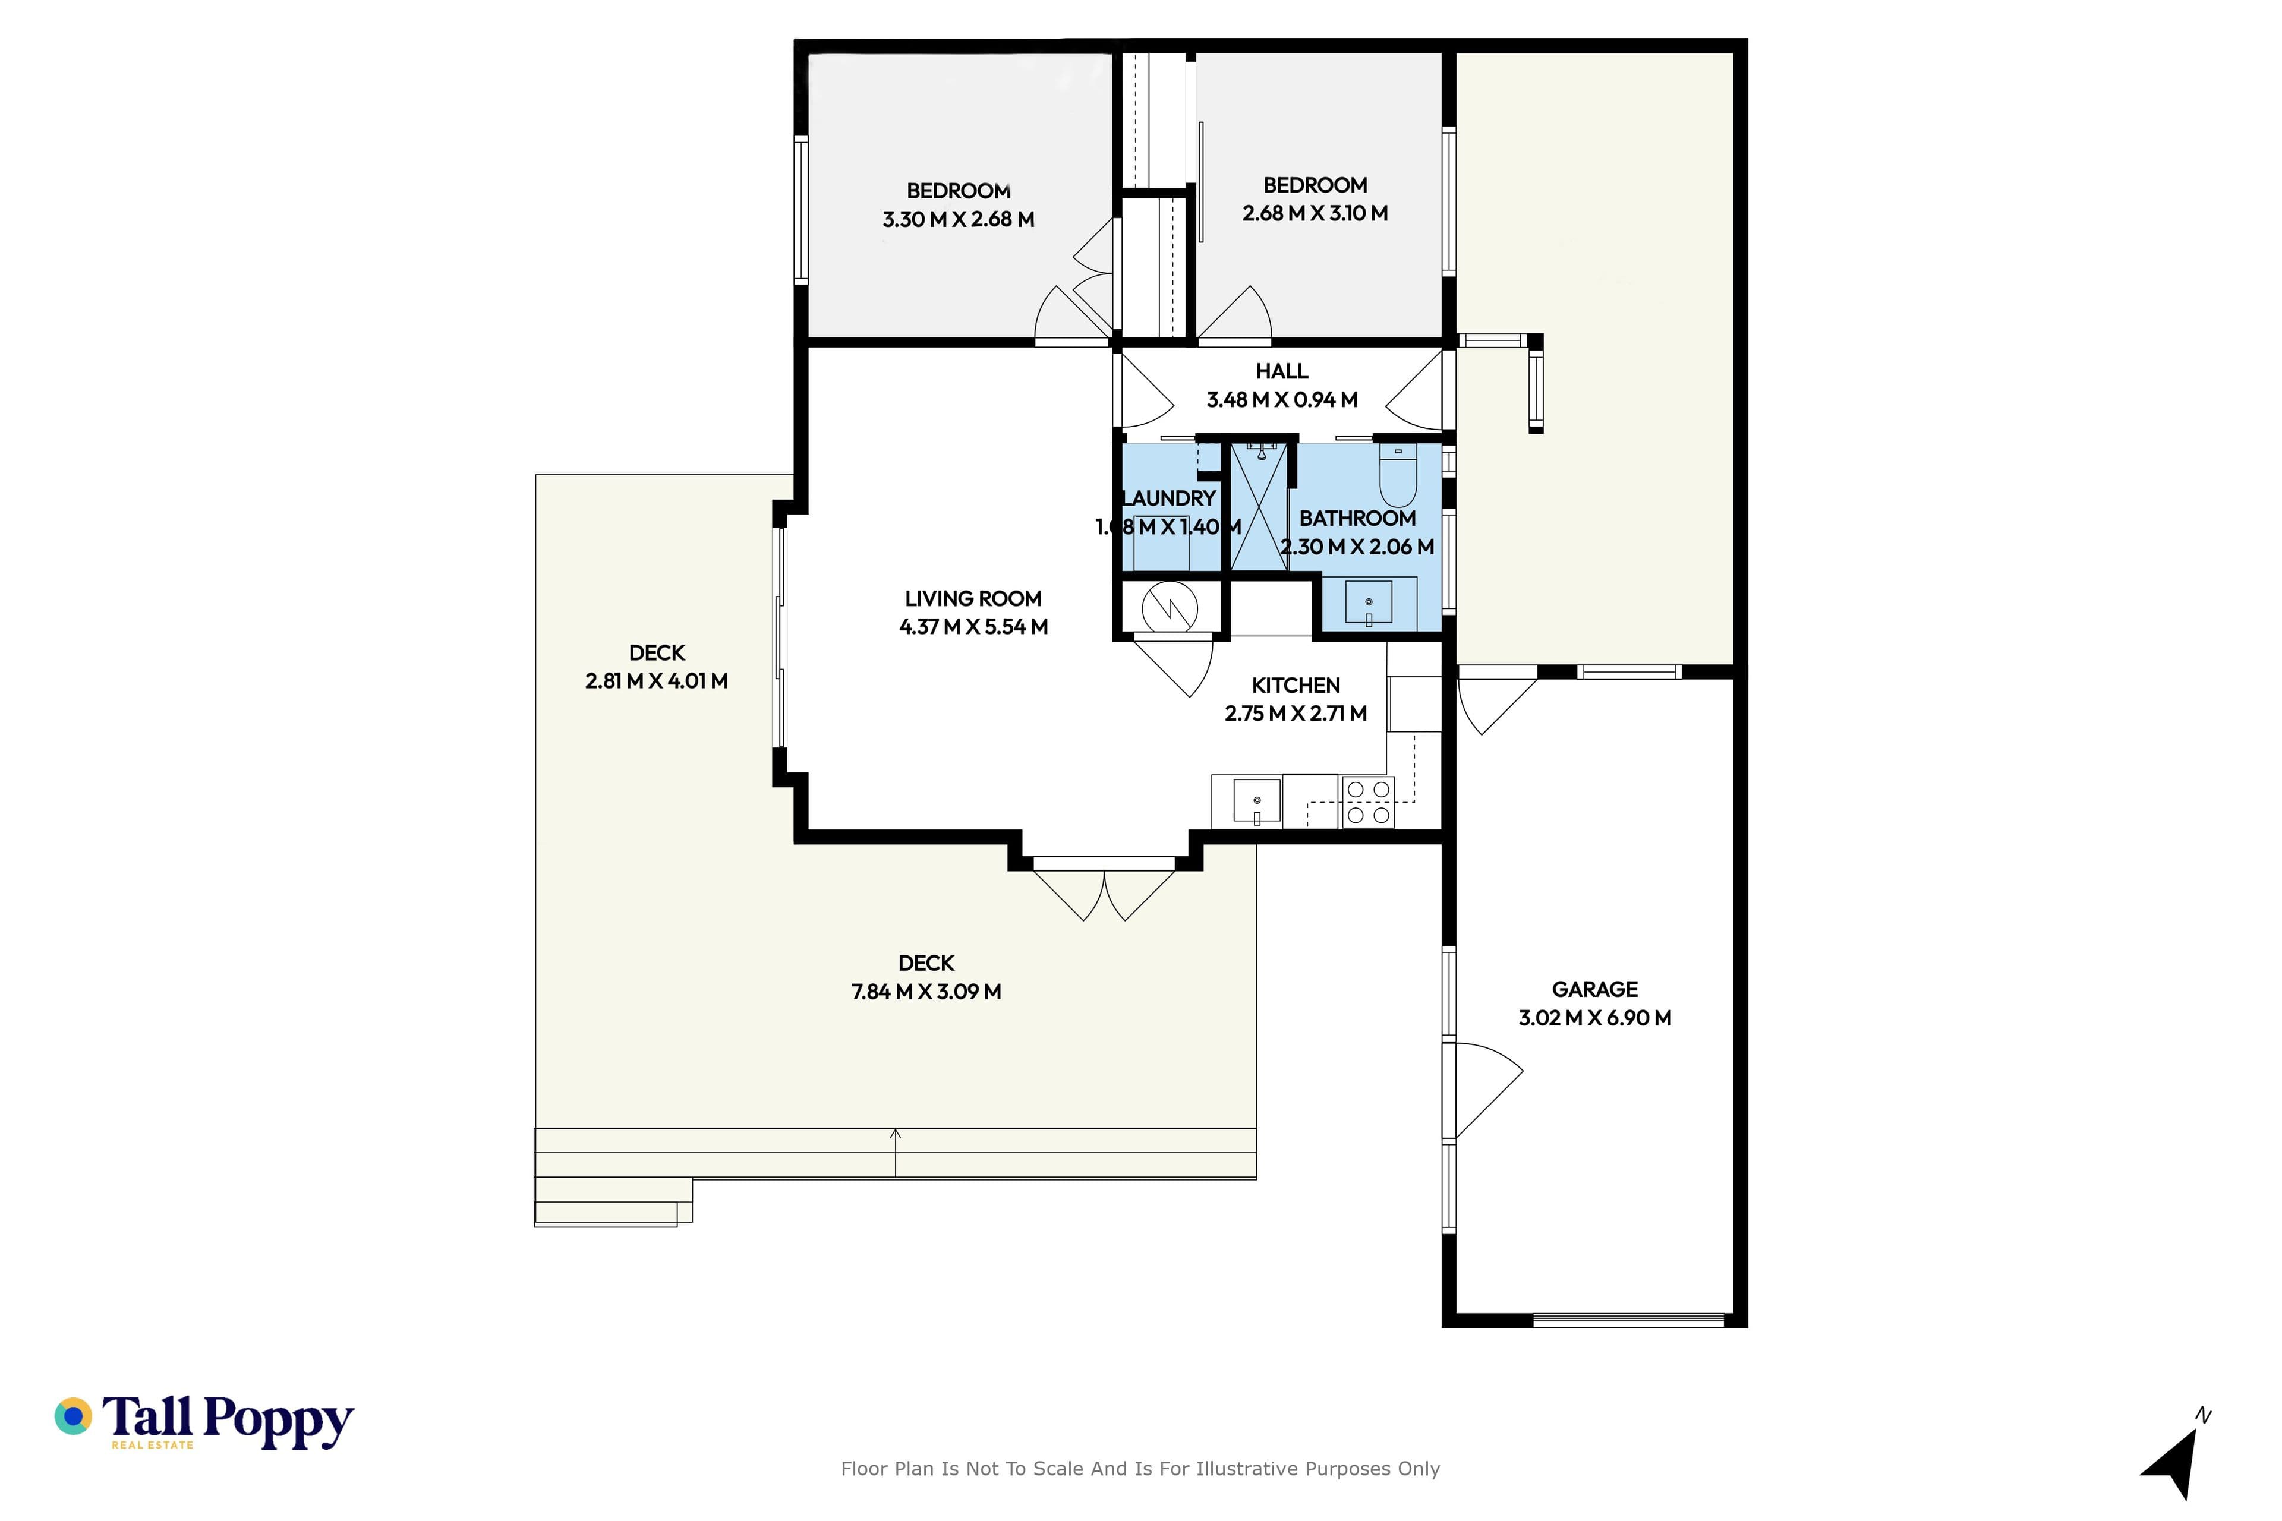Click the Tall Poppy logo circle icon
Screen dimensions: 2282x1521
[x=73, y=1416]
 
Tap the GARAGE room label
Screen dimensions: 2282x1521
[x=1595, y=989]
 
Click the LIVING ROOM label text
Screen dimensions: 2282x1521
[x=973, y=598]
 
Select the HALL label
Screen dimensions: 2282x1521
[x=1282, y=371]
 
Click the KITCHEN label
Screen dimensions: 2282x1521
[x=1296, y=685]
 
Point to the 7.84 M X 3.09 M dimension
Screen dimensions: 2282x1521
[x=926, y=992]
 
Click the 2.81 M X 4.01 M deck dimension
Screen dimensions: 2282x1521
[x=657, y=681]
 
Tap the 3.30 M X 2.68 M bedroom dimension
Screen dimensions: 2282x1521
[x=959, y=219]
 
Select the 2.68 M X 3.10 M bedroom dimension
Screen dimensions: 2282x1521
[x=1315, y=213]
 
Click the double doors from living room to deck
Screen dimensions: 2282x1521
[x=1104, y=889]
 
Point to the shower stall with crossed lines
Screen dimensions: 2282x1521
[x=1259, y=506]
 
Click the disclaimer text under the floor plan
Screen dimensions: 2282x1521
[x=1140, y=1469]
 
